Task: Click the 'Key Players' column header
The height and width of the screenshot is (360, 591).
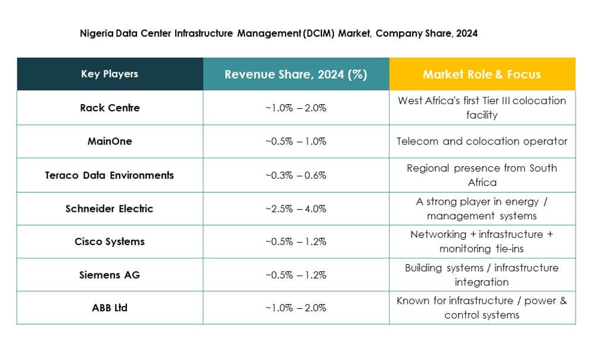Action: tap(110, 74)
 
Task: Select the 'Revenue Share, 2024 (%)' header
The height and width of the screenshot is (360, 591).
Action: tap(295, 75)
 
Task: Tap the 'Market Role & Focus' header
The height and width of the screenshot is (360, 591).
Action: tap(481, 75)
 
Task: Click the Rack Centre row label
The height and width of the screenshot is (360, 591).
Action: tap(110, 108)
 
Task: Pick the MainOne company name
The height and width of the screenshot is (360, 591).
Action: tap(110, 141)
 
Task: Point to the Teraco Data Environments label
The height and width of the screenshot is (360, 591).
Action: tap(110, 175)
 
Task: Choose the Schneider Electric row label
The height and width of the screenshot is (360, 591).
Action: tap(110, 209)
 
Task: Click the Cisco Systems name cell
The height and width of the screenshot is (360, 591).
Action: tap(110, 241)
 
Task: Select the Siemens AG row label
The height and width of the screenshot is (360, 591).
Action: tap(110, 275)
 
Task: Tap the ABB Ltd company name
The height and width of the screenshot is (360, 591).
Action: tap(110, 308)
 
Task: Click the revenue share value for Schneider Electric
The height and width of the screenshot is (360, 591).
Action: tap(295, 209)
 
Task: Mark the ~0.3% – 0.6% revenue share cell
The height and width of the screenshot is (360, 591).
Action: tap(295, 175)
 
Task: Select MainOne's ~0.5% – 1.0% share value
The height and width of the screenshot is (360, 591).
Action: tap(295, 141)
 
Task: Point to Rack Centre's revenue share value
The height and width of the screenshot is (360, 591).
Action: tap(295, 108)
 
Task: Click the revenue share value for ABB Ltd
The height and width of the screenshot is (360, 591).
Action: tap(295, 308)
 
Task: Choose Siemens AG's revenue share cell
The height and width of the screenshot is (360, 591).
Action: tap(295, 275)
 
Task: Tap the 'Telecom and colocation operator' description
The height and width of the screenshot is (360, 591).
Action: tap(481, 141)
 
